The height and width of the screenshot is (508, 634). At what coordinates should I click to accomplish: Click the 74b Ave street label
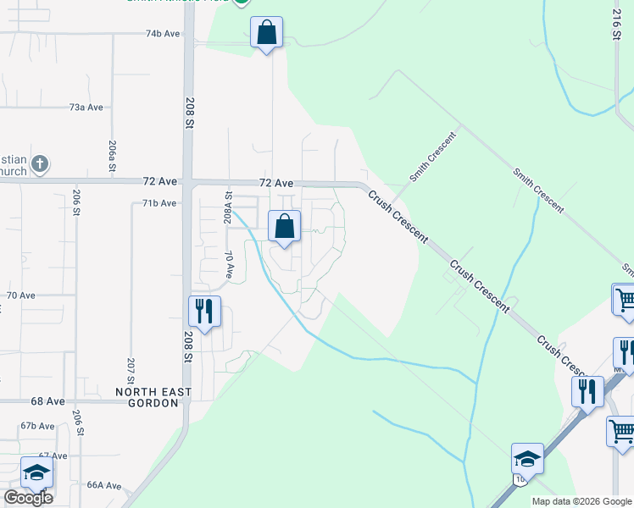pos(163,34)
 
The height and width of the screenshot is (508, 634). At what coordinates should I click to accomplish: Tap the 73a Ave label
pos(86,108)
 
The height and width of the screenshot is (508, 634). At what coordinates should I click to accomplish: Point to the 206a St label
pos(111,157)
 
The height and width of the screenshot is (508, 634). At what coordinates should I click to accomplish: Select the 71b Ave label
pos(158,203)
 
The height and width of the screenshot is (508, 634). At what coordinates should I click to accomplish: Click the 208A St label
pos(228,207)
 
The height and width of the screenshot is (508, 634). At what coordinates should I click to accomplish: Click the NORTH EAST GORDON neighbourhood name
pos(154,398)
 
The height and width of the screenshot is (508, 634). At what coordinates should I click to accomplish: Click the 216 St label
pos(617,23)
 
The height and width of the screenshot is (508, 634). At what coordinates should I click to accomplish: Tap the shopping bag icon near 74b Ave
pos(267,33)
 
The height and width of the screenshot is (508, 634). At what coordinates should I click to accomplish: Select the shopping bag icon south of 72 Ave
pos(284,227)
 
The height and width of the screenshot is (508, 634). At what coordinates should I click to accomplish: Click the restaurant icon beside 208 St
pos(204,312)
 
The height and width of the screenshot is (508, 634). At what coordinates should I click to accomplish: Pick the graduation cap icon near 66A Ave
pos(36,472)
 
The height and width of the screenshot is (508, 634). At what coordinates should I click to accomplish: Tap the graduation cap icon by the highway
pos(527,459)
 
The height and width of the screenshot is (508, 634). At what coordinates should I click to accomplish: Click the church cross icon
pos(40,163)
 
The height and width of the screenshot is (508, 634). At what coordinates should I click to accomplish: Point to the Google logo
pos(28,498)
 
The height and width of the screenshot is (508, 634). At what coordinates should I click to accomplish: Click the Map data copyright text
pos(581,501)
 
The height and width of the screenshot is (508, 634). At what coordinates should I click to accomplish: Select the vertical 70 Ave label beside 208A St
pos(229,265)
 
